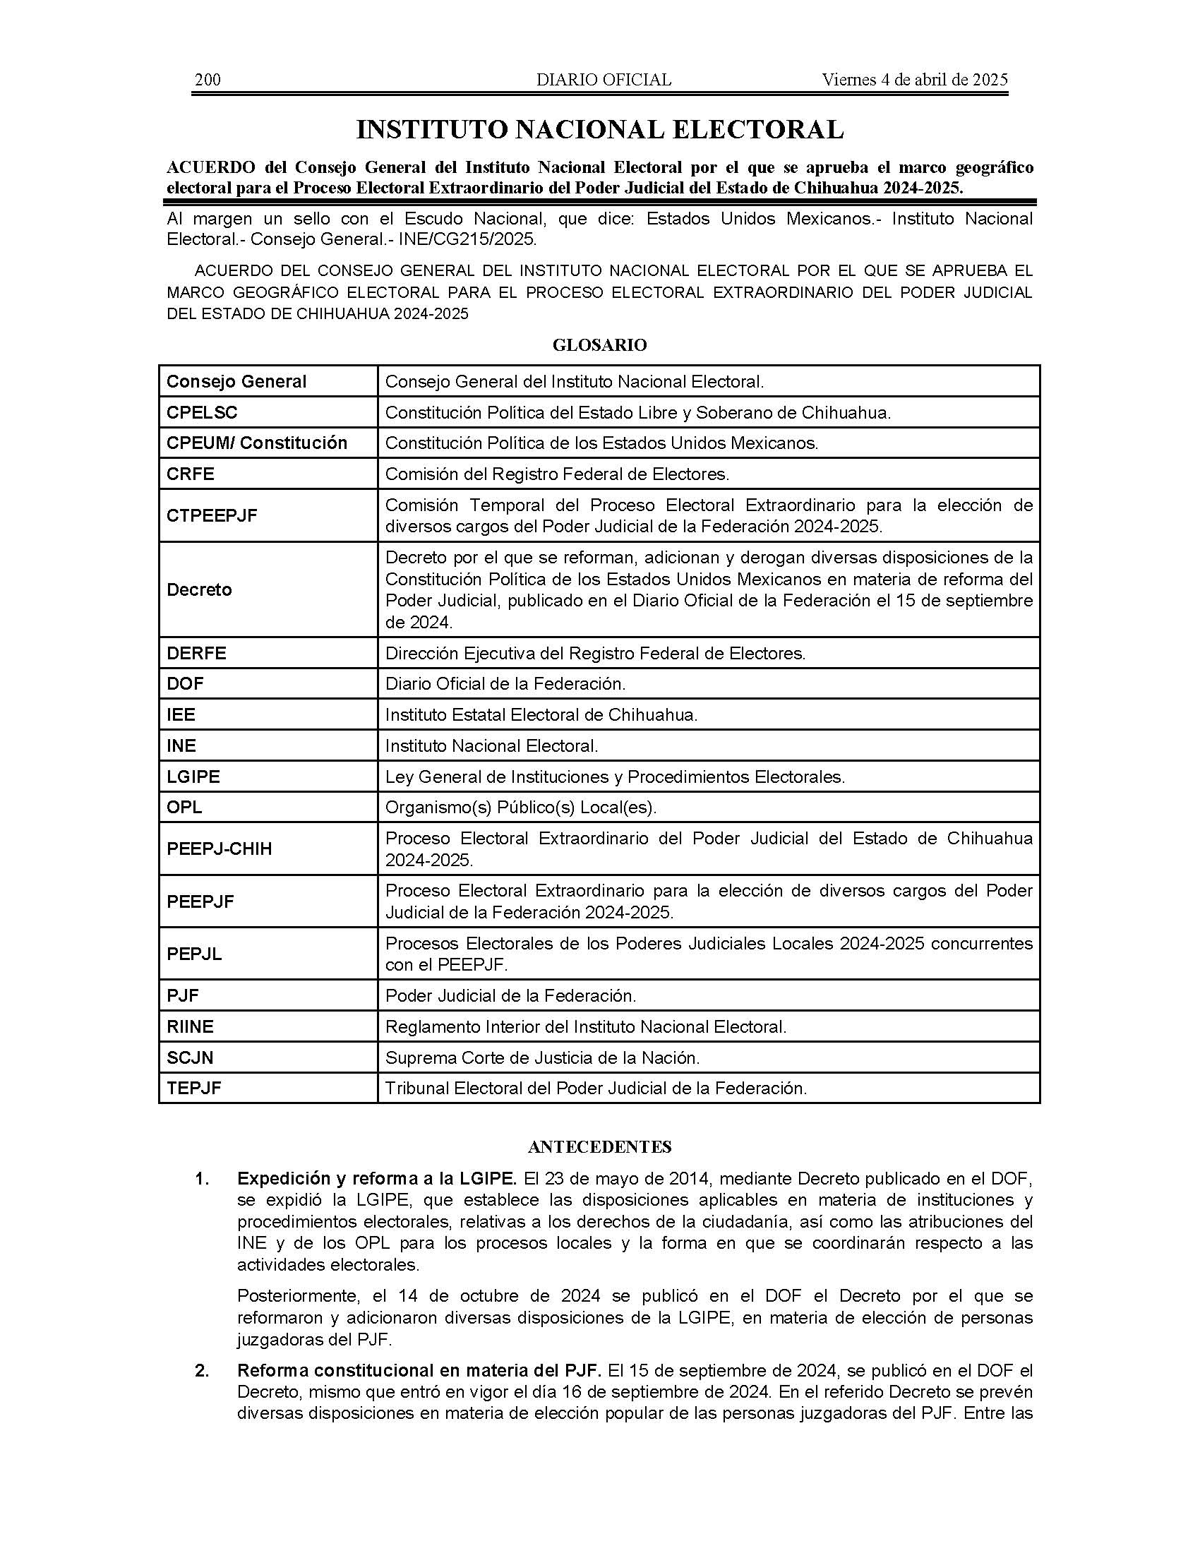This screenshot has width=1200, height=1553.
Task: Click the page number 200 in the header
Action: (208, 80)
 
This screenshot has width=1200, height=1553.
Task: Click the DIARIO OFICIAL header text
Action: (604, 80)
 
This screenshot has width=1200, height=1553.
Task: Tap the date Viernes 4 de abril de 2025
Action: (914, 80)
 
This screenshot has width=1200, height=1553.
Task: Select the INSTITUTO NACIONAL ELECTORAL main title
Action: (599, 129)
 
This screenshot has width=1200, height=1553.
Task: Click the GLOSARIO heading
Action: (599, 346)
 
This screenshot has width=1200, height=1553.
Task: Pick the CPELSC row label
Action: (202, 412)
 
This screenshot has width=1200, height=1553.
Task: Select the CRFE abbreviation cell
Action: (191, 474)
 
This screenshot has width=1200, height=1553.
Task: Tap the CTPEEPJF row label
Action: (212, 515)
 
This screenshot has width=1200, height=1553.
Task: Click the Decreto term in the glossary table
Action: (199, 589)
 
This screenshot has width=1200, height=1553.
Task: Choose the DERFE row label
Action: (196, 653)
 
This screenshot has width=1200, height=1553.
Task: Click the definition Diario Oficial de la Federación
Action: (505, 684)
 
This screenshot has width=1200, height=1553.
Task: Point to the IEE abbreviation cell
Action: (181, 714)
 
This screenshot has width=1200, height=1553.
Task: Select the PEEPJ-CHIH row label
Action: (219, 849)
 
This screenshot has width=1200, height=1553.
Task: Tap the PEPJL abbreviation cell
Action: (194, 954)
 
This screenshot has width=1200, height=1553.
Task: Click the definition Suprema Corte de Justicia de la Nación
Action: (542, 1058)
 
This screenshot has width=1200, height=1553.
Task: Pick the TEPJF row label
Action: (193, 1089)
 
